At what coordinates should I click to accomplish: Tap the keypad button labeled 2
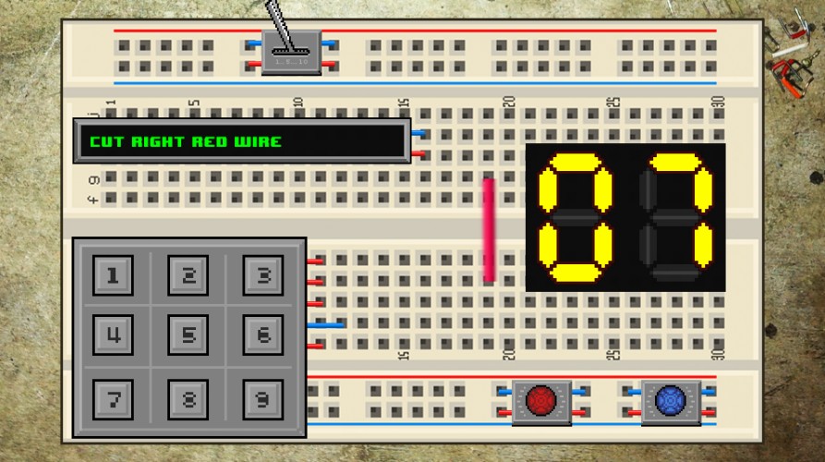[x=188, y=275]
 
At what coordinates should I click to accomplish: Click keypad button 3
[x=263, y=275]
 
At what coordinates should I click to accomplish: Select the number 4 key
[x=113, y=334]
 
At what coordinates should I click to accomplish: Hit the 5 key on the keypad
[x=188, y=334]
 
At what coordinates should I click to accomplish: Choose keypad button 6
[x=263, y=334]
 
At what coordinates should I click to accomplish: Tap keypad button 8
[x=188, y=399]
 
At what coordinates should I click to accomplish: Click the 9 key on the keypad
[x=263, y=399]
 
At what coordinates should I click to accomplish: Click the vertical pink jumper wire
[x=489, y=230]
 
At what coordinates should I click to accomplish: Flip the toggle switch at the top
[x=291, y=52]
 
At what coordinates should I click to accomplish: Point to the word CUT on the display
[x=107, y=141]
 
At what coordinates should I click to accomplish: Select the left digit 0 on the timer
[x=575, y=217]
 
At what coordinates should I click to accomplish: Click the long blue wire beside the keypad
[x=326, y=325]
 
